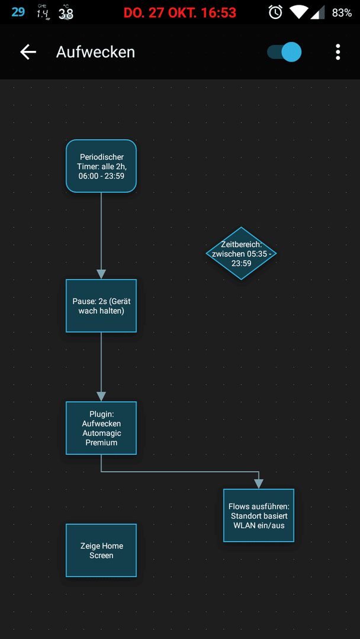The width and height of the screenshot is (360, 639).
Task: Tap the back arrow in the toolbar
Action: (28, 52)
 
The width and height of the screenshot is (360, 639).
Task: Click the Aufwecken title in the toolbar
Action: (95, 52)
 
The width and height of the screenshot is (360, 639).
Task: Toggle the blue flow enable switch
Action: (284, 52)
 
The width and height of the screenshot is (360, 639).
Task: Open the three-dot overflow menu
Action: (337, 52)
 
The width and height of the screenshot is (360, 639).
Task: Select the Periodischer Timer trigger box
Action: (101, 166)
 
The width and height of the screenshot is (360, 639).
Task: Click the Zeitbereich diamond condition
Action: (241, 253)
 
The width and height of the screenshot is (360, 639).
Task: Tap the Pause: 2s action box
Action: (101, 306)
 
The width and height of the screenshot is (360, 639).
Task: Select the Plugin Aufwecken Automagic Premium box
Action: (101, 428)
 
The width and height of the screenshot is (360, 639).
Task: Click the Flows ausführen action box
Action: (259, 515)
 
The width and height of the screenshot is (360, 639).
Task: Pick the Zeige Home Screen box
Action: (101, 550)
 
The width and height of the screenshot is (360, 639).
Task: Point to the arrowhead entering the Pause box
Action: (101, 275)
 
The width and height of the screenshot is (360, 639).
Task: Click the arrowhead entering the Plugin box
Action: (101, 396)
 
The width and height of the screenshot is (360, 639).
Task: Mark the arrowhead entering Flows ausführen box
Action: (259, 484)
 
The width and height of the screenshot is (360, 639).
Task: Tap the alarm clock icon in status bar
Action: (275, 12)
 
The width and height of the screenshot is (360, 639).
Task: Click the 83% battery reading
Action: (342, 12)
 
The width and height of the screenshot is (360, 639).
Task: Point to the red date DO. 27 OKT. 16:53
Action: (180, 12)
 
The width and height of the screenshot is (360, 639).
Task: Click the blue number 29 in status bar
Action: (18, 12)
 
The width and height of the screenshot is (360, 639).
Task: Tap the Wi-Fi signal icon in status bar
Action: (299, 12)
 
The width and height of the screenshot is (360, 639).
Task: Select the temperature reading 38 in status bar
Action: (66, 14)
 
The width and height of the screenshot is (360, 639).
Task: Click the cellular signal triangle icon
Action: (318, 12)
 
